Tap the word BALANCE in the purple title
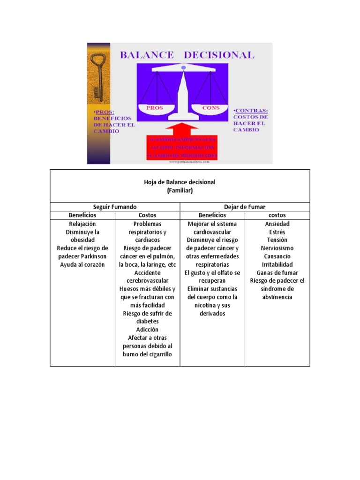tap(147, 55)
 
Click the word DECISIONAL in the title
tap(219, 55)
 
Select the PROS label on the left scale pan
tap(154, 108)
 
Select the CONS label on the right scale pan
tap(210, 108)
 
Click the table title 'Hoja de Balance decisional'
tap(180, 182)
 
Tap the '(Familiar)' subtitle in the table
tap(180, 191)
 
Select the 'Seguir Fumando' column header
tap(115, 207)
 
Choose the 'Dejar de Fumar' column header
tap(245, 207)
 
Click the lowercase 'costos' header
tap(277, 215)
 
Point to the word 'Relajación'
tap(82, 224)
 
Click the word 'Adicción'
tap(147, 330)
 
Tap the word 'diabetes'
tap(147, 322)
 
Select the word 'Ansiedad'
tap(277, 224)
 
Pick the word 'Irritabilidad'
tap(277, 264)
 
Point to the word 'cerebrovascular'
tap(147, 281)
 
